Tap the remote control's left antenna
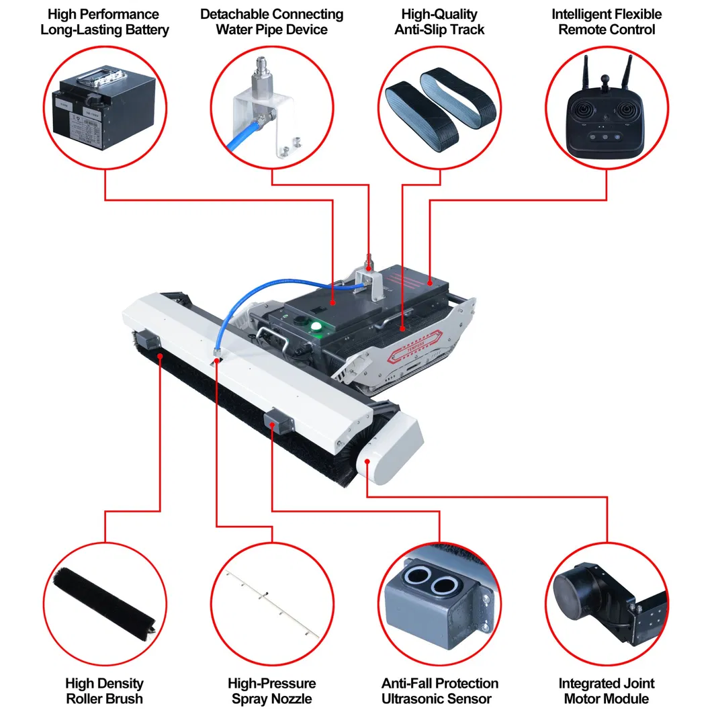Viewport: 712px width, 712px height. [586, 75]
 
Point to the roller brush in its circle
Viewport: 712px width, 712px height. [103, 595]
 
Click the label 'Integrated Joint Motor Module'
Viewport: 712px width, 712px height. [607, 691]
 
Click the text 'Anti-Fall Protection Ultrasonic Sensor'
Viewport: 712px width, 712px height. [440, 691]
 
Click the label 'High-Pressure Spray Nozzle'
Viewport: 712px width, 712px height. [272, 691]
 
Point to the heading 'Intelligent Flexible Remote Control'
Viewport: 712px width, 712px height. [607, 21]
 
